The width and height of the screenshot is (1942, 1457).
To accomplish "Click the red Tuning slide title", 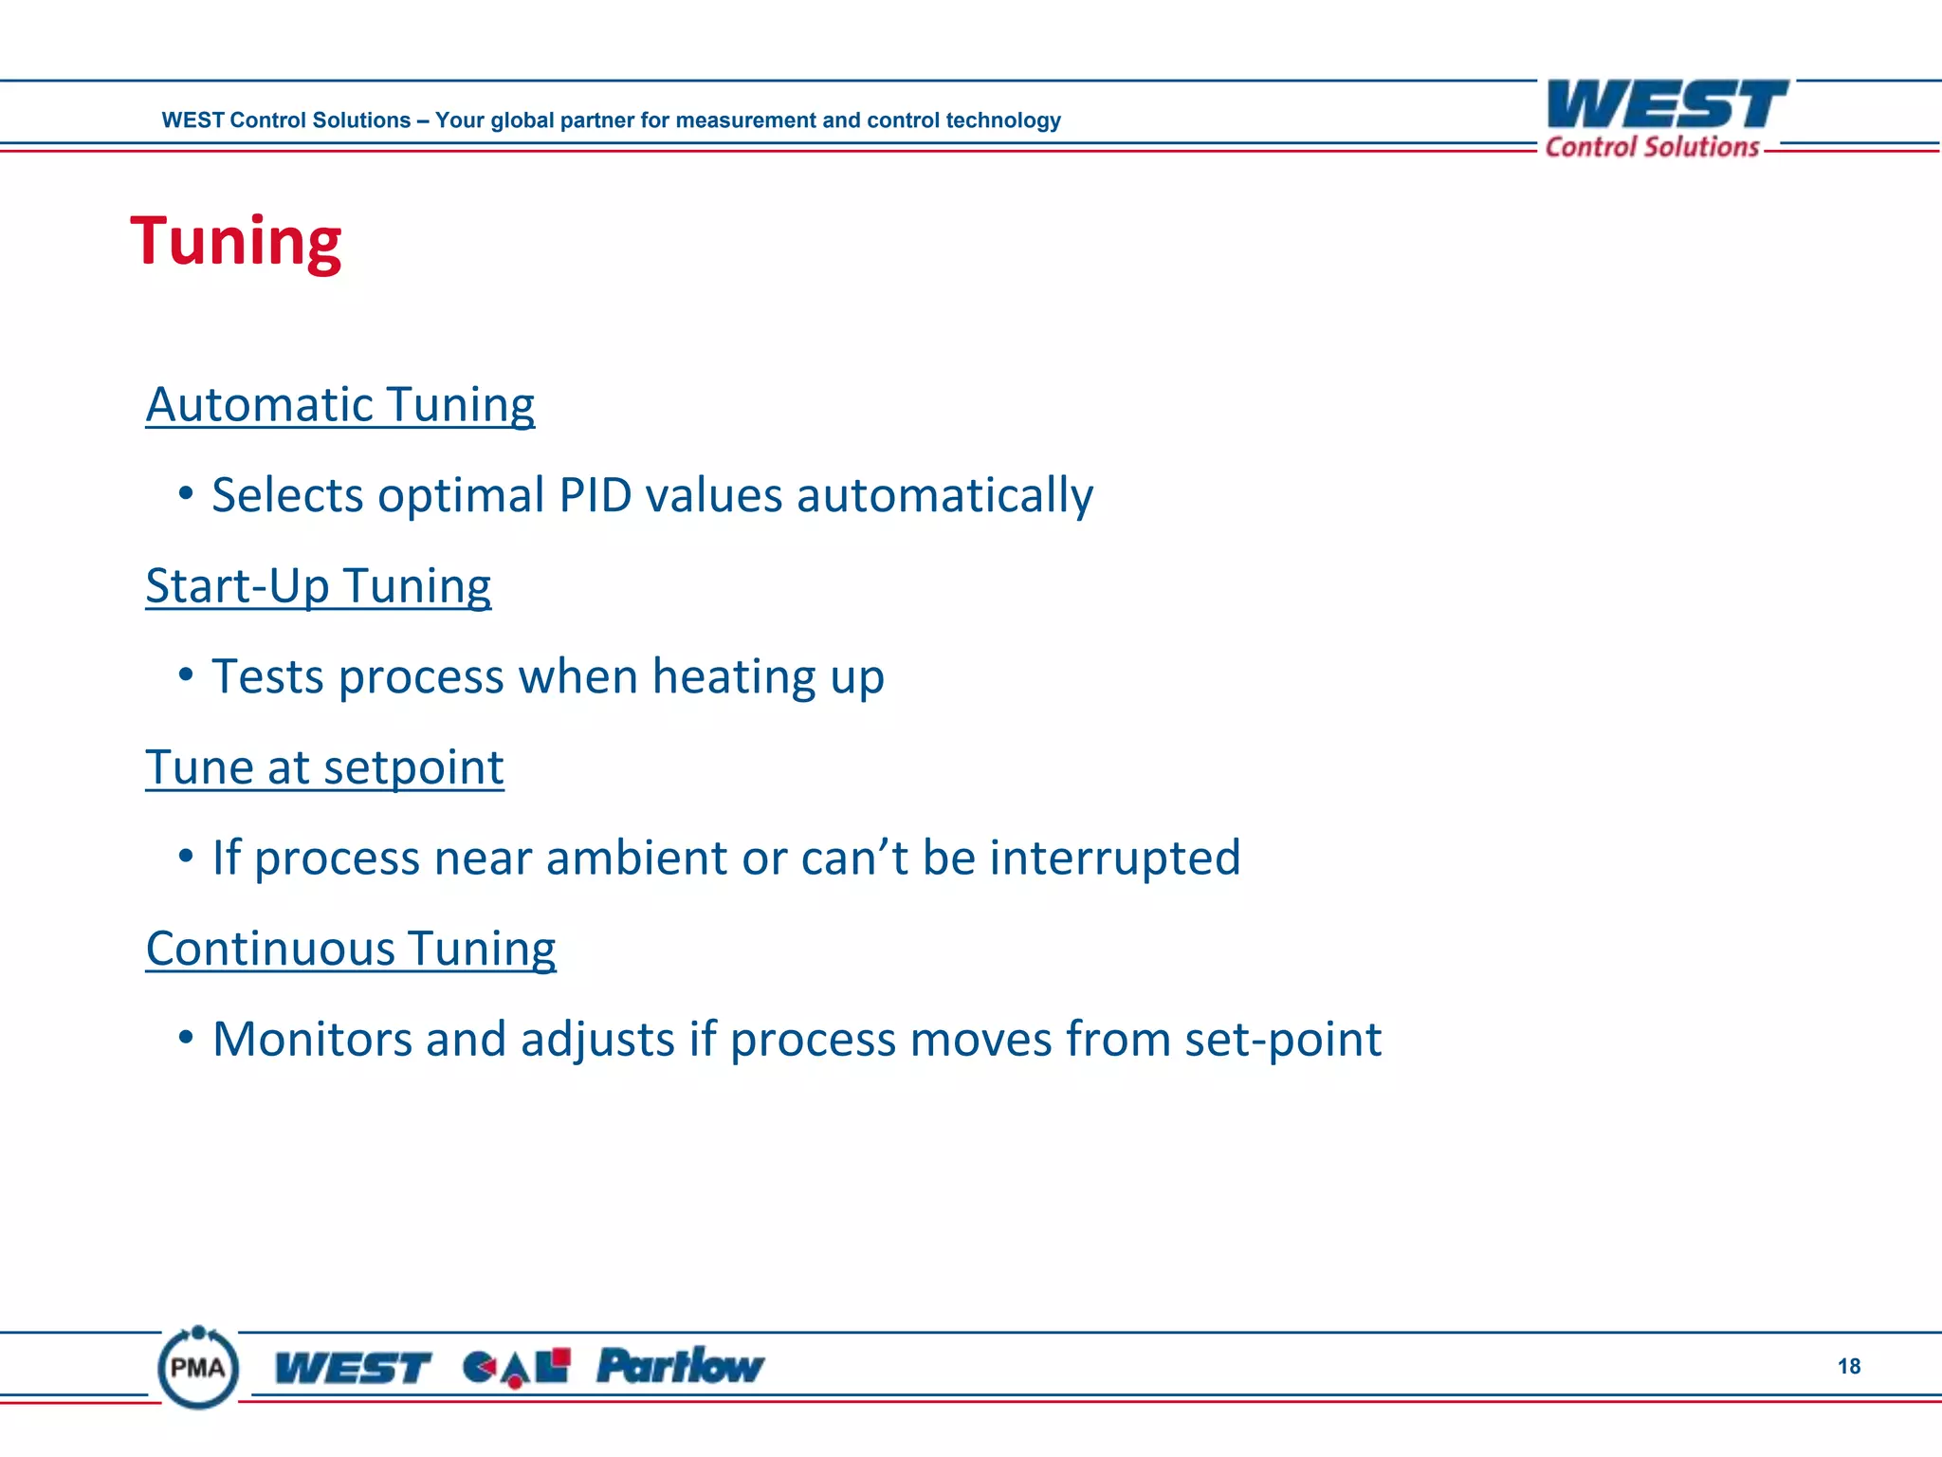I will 235,242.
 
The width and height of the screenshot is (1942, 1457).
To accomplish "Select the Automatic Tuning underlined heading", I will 339,405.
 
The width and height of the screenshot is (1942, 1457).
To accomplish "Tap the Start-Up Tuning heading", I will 318,586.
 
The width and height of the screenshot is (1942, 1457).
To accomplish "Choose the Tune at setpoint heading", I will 324,767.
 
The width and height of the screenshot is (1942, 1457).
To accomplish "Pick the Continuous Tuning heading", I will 351,949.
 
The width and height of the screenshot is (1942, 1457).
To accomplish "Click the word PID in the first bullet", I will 595,495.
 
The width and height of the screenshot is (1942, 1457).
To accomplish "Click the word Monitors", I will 312,1039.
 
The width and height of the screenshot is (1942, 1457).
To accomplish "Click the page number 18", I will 1848,1366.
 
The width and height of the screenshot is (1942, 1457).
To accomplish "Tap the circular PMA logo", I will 198,1368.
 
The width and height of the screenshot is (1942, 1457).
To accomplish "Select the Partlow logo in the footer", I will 680,1366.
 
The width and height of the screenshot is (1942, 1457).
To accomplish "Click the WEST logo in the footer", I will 352,1368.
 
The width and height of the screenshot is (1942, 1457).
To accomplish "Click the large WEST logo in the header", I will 1666,104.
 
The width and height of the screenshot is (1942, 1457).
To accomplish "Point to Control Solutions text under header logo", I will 1652,147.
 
